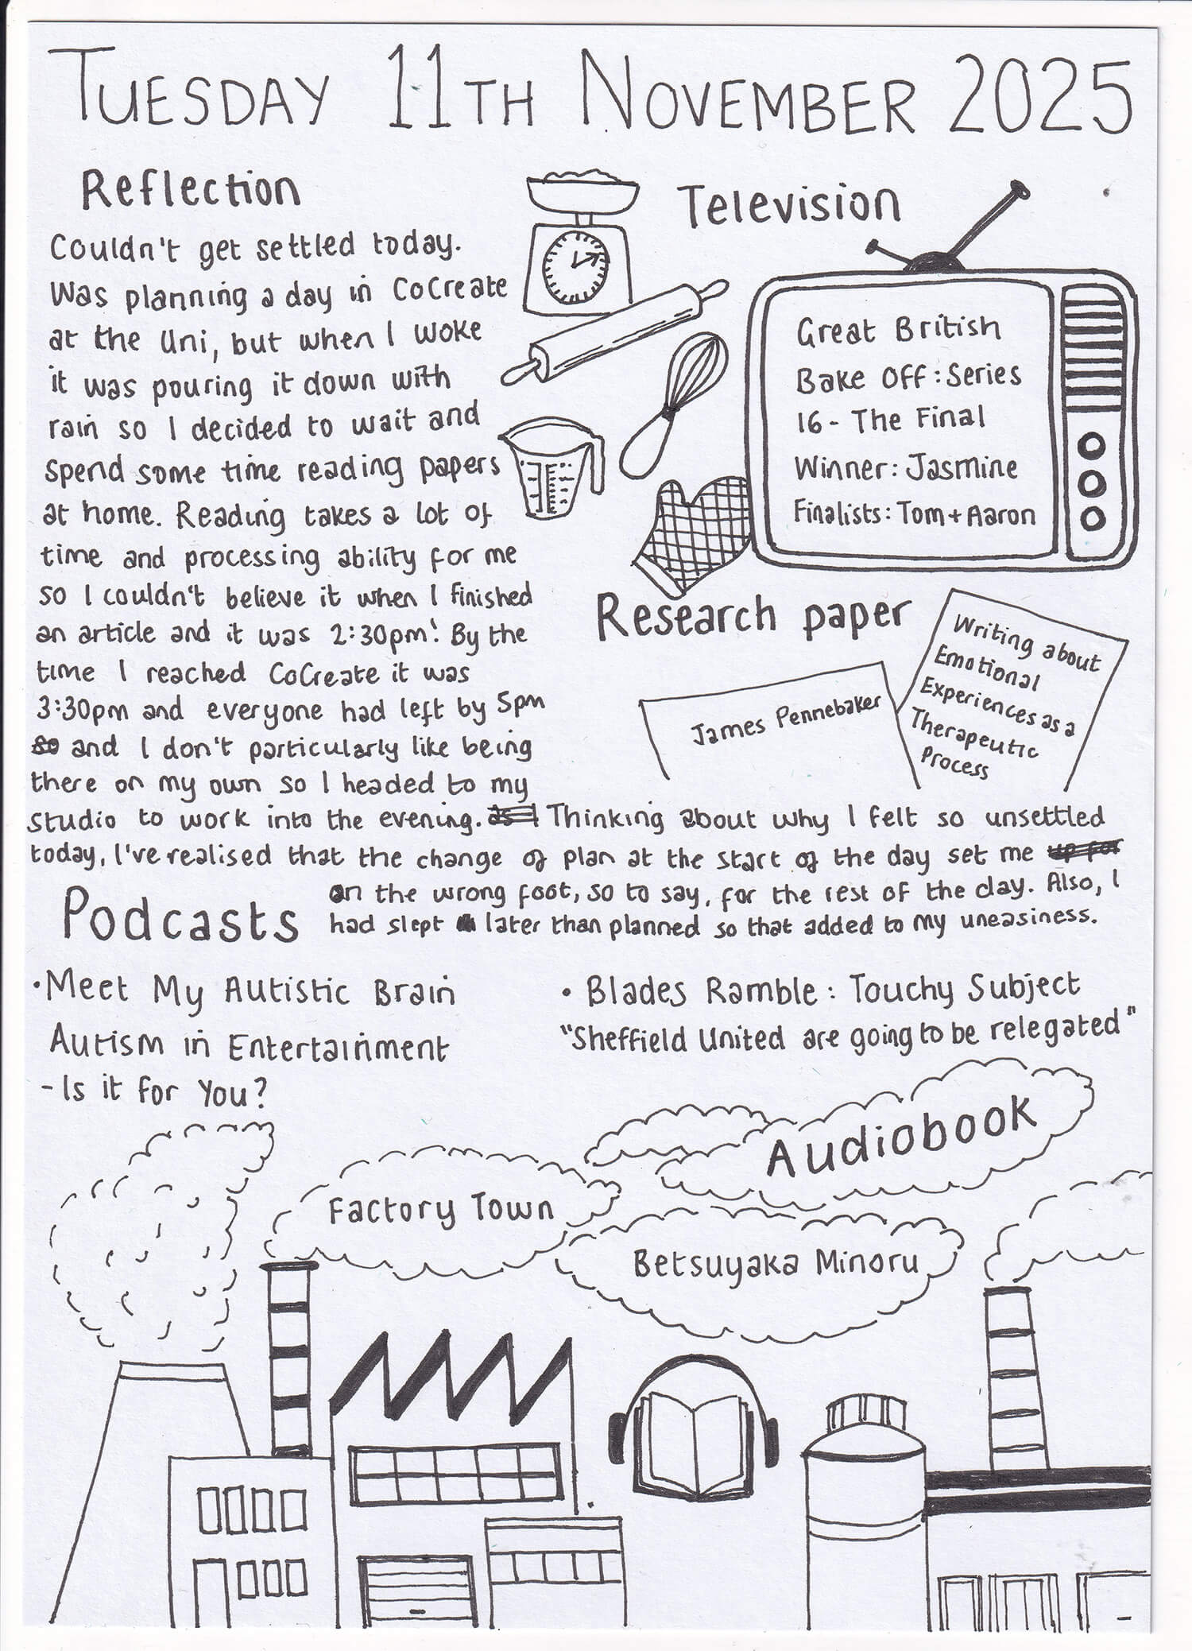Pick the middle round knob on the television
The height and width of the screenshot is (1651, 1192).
(x=1093, y=483)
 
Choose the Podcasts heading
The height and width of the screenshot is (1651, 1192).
(x=181, y=918)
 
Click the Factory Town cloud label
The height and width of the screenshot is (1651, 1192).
(x=442, y=1210)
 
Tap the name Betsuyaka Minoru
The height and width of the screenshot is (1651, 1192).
(x=776, y=1264)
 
